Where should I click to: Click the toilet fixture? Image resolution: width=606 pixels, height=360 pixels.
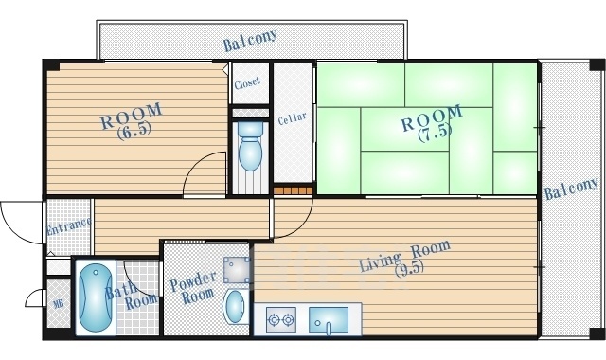pos(250,146)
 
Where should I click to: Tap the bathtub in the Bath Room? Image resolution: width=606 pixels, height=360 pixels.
pos(96,297)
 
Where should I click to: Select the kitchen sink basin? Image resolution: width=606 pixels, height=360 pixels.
pos(329,320)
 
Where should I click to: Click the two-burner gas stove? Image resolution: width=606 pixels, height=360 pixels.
pos(281,320)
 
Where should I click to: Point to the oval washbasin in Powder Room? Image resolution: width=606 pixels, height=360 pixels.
pos(236,307)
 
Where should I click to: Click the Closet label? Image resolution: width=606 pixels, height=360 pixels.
pos(247,82)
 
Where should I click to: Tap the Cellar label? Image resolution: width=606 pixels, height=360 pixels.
pos(293,118)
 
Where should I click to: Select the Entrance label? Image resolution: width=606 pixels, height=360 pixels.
pos(69,225)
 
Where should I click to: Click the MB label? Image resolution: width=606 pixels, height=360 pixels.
pos(59,303)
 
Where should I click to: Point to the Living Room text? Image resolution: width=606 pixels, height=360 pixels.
pos(404,255)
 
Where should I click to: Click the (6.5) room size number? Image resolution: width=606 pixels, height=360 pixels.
pos(134,132)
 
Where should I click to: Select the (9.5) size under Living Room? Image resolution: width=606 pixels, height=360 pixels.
pos(410,268)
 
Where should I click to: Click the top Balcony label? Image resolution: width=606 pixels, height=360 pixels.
pos(250,40)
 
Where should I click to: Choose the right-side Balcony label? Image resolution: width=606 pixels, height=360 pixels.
pos(571,189)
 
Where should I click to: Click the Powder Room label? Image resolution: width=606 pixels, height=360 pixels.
pos(193,288)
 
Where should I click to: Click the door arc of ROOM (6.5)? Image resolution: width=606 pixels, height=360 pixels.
pos(193,164)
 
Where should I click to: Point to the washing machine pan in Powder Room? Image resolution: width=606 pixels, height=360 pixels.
pos(236,269)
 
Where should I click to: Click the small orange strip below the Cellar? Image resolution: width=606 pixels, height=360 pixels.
pos(293,190)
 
